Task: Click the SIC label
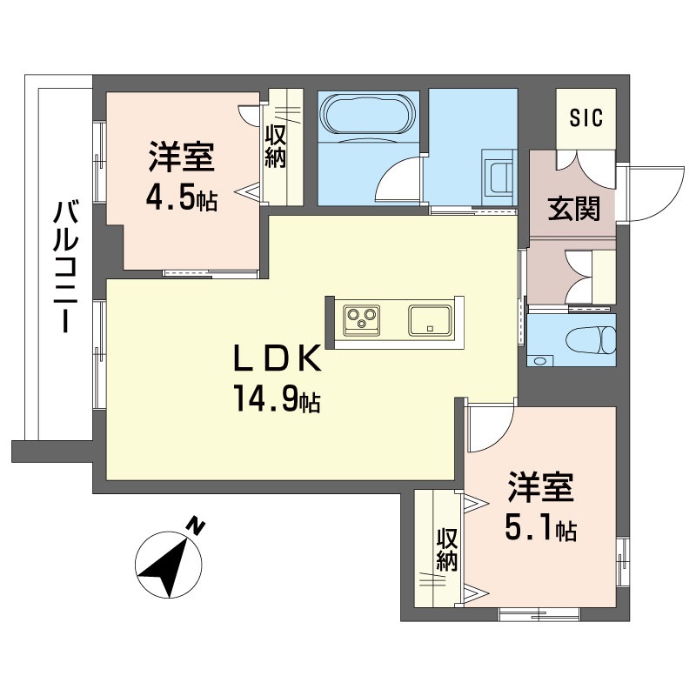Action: (x=586, y=117)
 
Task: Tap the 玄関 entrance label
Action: (x=573, y=208)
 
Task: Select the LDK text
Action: (x=277, y=359)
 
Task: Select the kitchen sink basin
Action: (x=430, y=320)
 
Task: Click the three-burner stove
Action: (x=361, y=320)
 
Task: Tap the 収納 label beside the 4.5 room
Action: (x=275, y=146)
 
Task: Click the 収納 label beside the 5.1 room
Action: (x=446, y=550)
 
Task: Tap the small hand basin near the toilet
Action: (x=539, y=360)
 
